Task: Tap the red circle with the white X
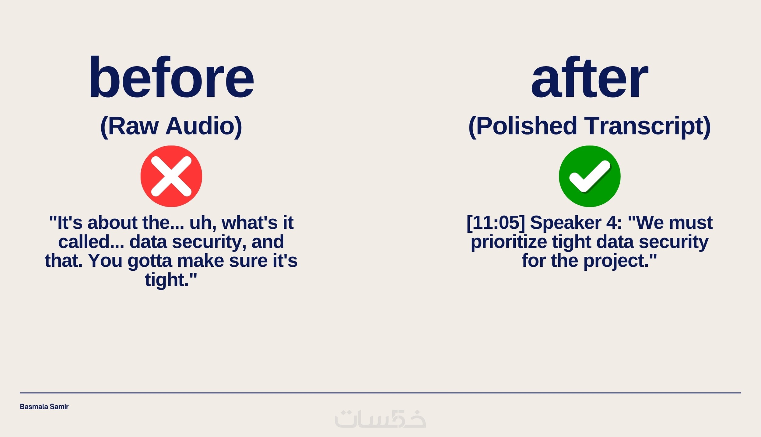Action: tap(171, 176)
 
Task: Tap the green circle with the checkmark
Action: tap(590, 176)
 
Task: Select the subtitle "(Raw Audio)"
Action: tap(171, 126)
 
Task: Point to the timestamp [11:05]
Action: tap(496, 223)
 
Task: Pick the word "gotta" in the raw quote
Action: tap(149, 261)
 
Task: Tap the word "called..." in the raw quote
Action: tap(91, 242)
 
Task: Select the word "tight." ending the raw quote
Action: tap(167, 280)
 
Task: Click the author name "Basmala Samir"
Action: tap(44, 407)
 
